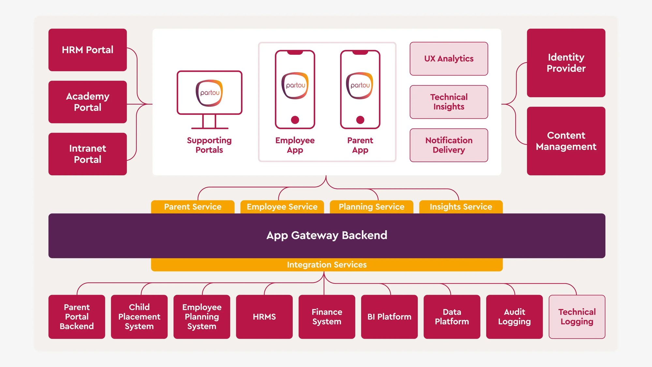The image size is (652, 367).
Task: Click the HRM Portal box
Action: (87, 50)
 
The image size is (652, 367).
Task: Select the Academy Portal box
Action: (87, 102)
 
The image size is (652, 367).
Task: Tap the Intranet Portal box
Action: (87, 154)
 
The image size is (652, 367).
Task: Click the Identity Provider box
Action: (566, 63)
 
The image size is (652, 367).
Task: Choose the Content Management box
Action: (566, 141)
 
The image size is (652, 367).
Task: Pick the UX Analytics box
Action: (449, 59)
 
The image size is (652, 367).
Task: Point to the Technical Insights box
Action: (449, 102)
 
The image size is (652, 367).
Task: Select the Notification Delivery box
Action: (449, 145)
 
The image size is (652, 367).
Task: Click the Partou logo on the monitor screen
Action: (209, 93)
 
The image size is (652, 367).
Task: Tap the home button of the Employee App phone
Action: (295, 120)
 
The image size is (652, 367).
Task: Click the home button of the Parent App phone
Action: (360, 120)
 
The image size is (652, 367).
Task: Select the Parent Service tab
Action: (193, 207)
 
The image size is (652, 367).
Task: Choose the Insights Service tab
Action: (461, 207)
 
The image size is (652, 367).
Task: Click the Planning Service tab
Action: (371, 207)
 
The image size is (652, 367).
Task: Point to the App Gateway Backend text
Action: (327, 235)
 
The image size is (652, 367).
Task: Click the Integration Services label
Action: (327, 265)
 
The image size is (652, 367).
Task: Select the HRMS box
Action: (264, 317)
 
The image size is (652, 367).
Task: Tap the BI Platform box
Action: (389, 317)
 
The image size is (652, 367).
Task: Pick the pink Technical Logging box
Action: (577, 317)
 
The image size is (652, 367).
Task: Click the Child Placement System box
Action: (139, 317)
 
